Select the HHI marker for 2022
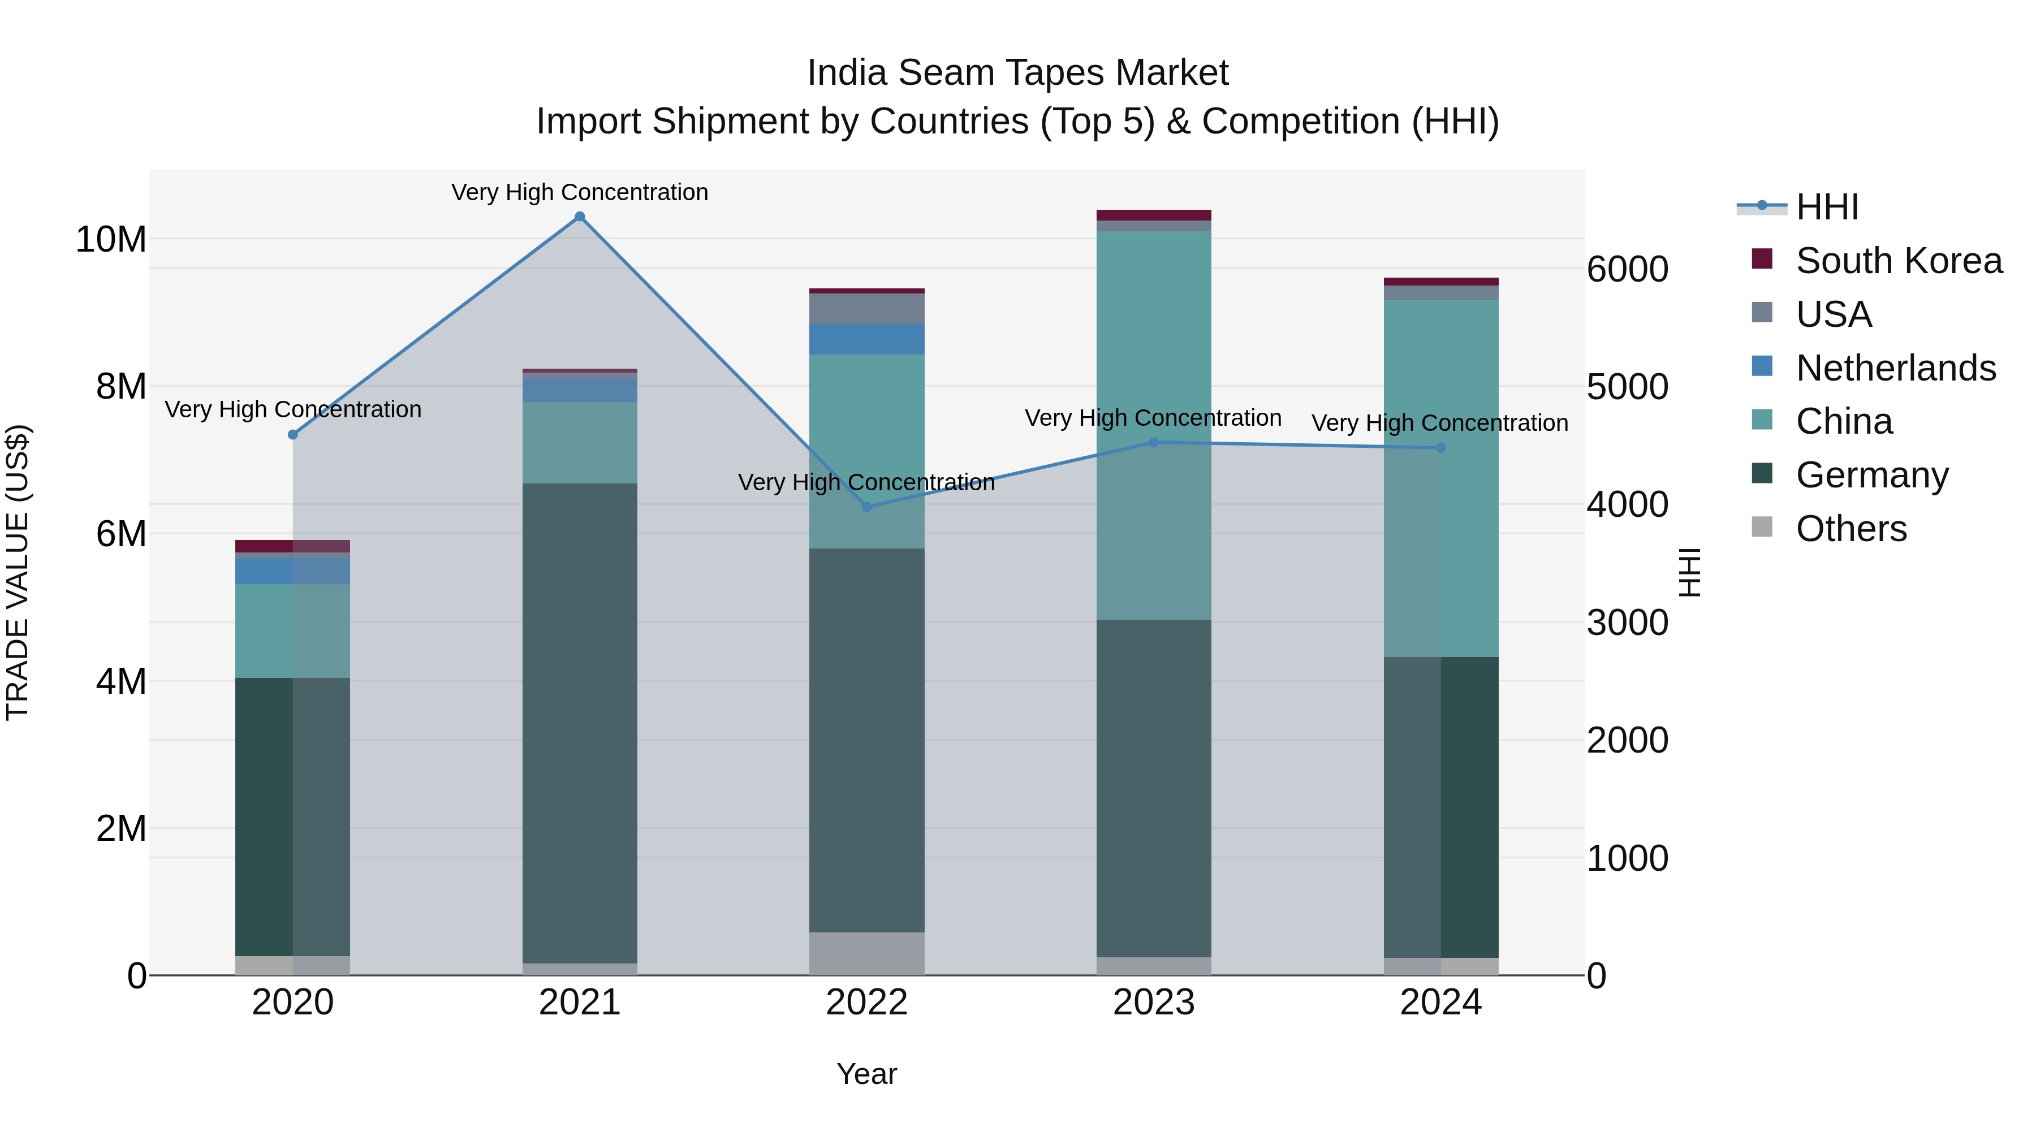tap(866, 507)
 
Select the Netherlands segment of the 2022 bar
tap(866, 339)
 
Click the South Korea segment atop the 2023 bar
tap(1153, 215)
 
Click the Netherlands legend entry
tap(1895, 368)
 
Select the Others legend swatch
tap(1762, 527)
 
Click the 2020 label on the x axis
tap(292, 1003)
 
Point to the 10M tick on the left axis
tap(111, 239)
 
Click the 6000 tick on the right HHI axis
tap(1627, 270)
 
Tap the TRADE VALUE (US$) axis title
tap(18, 572)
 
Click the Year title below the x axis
tap(866, 1074)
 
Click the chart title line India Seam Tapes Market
tap(1017, 73)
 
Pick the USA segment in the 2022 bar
tap(866, 309)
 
